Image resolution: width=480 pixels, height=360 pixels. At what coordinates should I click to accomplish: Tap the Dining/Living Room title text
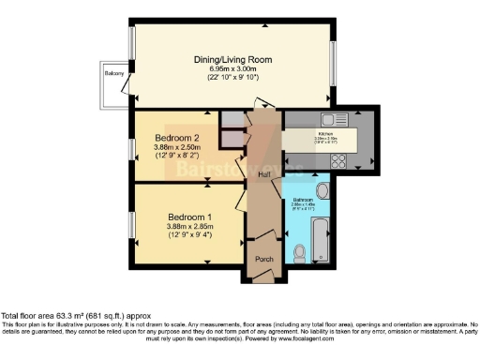(x=232, y=60)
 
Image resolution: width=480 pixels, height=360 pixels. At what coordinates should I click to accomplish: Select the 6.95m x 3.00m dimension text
(x=232, y=69)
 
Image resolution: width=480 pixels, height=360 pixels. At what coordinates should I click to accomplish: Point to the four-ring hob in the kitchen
(x=338, y=159)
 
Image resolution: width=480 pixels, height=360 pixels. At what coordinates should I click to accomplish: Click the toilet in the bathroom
(x=299, y=251)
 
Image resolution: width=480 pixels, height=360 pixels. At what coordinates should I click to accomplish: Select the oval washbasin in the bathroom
(x=322, y=193)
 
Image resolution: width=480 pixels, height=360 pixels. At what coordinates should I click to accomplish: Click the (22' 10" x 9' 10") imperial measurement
(x=232, y=78)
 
